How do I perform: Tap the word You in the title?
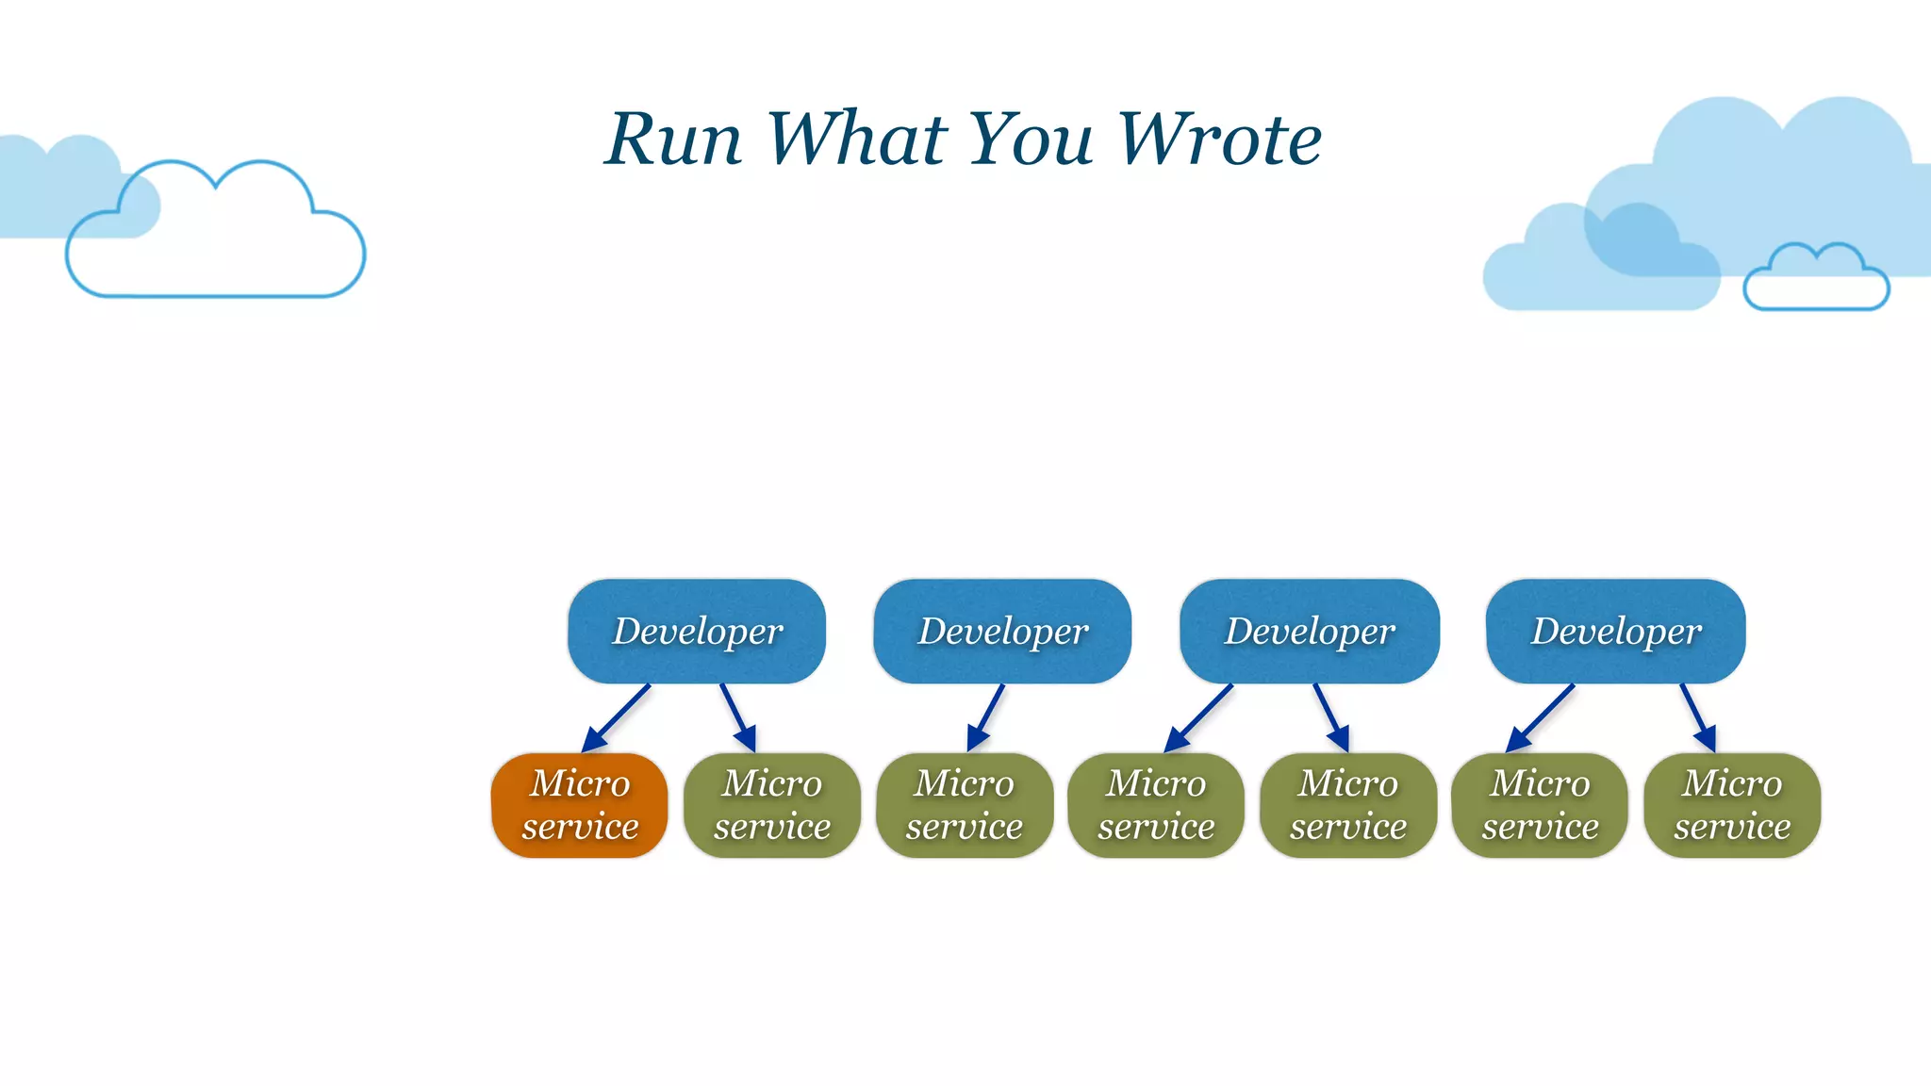[x=1031, y=140]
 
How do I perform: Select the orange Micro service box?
[x=580, y=805]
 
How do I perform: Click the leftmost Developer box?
[x=697, y=631]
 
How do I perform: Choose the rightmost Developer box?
[x=1616, y=631]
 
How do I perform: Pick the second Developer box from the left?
[x=1002, y=631]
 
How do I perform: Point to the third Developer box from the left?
[x=1310, y=631]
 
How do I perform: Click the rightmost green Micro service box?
[x=1732, y=805]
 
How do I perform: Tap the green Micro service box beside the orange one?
[x=772, y=805]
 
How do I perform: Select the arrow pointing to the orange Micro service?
[x=617, y=718]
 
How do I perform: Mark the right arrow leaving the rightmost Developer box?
[x=1698, y=718]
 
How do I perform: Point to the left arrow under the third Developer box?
[x=1198, y=718]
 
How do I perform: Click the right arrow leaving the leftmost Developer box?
[x=738, y=718]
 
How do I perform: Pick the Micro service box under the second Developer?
[x=965, y=805]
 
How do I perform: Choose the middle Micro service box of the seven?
[x=1156, y=805]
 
